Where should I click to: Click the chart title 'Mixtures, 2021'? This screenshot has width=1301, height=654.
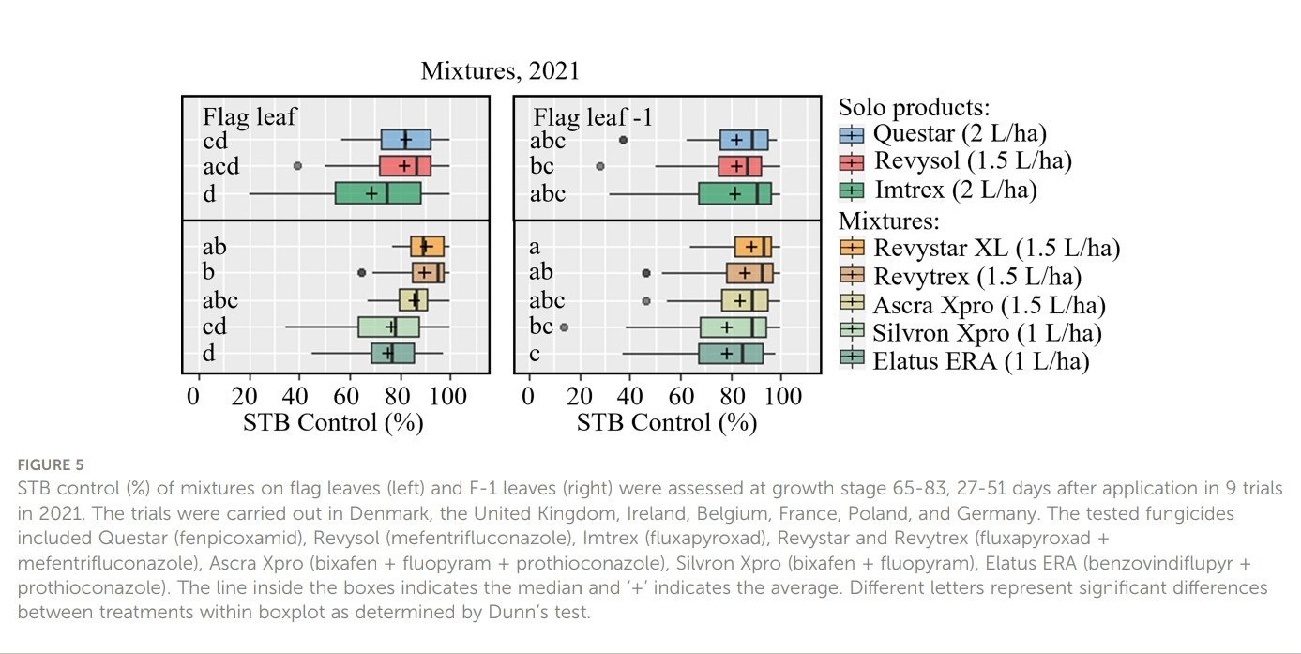500,71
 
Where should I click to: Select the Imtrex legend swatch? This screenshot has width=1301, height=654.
852,190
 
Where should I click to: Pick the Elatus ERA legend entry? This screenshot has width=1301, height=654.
980,361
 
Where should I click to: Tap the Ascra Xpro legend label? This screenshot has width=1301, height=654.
989,305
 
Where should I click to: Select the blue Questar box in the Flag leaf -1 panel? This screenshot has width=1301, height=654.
744,140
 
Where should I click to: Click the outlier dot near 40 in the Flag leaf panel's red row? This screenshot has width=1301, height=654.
298,166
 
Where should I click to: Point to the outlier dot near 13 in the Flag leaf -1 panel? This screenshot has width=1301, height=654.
564,327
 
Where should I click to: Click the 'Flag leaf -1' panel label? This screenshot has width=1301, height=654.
592,118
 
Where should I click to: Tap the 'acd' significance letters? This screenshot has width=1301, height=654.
221,167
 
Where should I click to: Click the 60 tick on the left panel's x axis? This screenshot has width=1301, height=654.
349,395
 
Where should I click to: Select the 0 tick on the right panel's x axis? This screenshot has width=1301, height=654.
528,395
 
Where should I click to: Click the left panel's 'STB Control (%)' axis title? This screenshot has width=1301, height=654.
333,422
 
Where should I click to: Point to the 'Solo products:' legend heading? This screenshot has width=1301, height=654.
914,107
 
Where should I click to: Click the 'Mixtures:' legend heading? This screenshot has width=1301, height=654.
888,221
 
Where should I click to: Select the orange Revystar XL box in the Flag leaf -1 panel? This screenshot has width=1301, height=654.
753,247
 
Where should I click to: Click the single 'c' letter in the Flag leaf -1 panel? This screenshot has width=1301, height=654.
534,353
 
